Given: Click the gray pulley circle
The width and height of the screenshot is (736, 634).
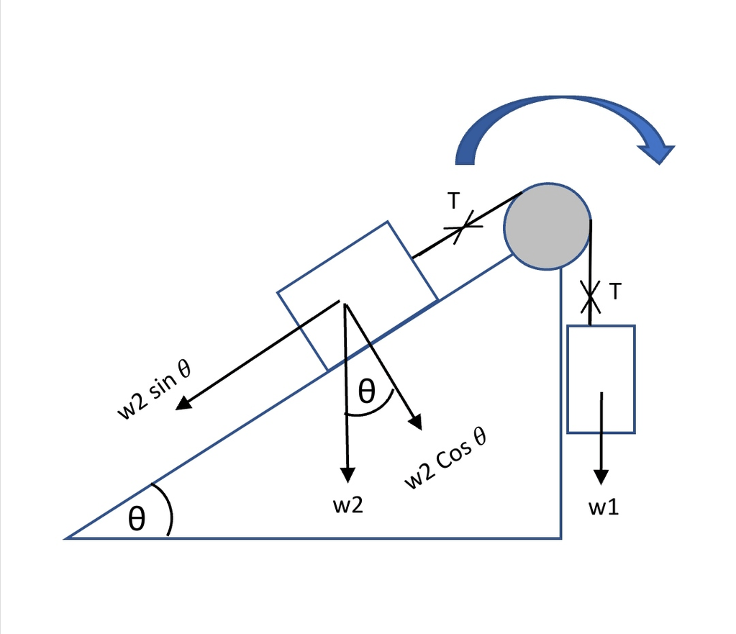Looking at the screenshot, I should [x=547, y=225].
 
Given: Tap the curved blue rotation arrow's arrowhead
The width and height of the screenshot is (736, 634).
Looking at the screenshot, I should [x=656, y=153].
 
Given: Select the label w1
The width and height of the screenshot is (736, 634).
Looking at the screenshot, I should [x=603, y=508].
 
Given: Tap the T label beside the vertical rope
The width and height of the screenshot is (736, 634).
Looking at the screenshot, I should [x=614, y=291].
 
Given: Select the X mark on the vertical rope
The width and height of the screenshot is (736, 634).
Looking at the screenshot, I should [x=590, y=294].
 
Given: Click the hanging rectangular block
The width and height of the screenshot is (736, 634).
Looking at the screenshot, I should [x=601, y=379].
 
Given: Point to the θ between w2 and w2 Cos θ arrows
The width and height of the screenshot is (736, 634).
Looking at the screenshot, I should [x=366, y=392].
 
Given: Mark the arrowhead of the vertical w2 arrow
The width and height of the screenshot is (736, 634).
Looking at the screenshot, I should [x=347, y=475].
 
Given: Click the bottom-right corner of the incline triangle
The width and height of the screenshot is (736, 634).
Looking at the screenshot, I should [x=560, y=538].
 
